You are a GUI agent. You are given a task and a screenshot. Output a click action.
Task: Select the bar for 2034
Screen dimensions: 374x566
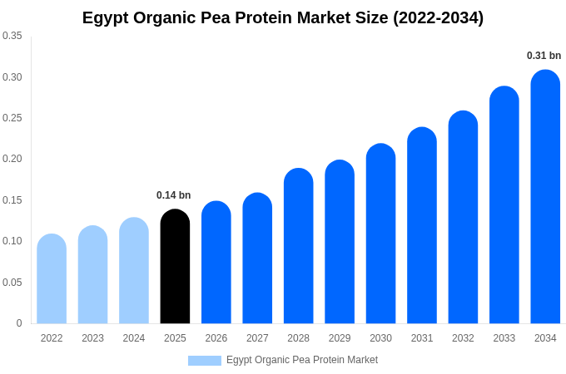tap(545, 197)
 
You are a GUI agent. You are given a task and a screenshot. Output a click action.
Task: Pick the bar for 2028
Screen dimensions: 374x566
tap(298, 246)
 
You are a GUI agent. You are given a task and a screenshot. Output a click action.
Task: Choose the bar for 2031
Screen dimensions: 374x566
tap(422, 225)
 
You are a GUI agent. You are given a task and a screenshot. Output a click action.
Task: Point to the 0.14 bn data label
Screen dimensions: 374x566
tap(174, 195)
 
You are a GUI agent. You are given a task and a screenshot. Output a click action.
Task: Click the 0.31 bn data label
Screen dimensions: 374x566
tap(544, 56)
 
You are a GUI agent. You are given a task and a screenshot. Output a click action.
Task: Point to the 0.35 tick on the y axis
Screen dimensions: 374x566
tap(12, 36)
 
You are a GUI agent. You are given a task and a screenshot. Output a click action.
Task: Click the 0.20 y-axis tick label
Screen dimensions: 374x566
tap(12, 159)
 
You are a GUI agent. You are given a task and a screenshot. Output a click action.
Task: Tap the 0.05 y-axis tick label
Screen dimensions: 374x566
tap(12, 283)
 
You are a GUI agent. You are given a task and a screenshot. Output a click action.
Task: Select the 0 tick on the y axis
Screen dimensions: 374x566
tap(19, 323)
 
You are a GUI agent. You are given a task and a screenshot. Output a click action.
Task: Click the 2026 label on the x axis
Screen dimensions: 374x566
tap(216, 338)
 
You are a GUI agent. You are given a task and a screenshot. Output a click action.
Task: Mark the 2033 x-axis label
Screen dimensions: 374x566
tap(504, 338)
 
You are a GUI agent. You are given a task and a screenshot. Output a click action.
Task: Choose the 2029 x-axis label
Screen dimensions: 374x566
tap(340, 338)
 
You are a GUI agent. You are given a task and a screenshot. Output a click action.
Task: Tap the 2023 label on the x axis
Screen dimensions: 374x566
tap(92, 338)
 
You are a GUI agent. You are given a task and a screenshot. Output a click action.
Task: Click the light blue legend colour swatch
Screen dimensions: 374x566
tap(205, 361)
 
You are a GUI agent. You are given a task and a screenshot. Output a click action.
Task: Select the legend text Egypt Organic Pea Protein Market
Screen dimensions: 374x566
tap(302, 360)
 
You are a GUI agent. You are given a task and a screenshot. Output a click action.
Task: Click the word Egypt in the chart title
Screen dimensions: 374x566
tap(107, 17)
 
